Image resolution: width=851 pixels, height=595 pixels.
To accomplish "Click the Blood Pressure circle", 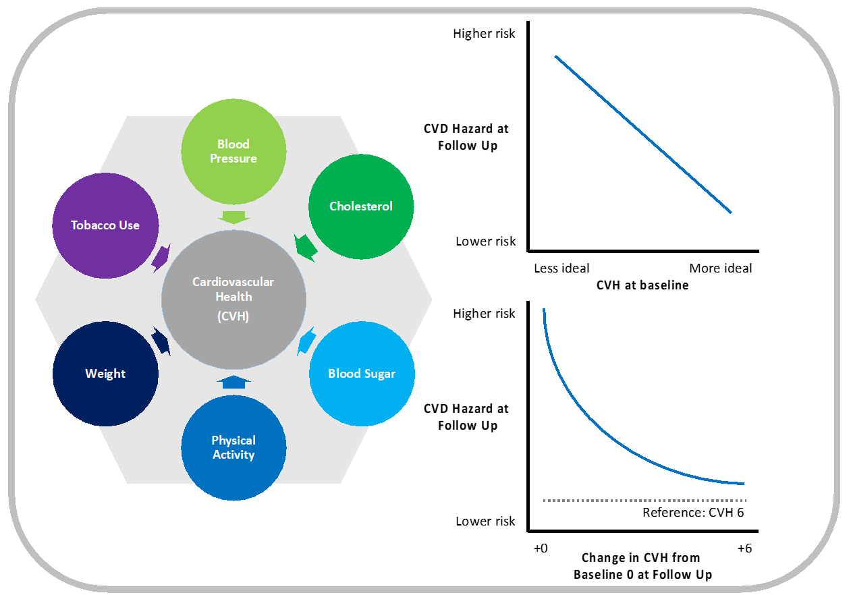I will [234, 151].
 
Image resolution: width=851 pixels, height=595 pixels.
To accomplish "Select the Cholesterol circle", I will [360, 206].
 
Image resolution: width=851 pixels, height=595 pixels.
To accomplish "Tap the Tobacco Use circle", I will [105, 225].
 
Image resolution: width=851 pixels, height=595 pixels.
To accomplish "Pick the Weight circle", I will [105, 374].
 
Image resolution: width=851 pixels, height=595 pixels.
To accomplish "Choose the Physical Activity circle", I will [234, 447].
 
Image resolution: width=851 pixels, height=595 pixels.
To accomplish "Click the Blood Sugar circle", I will [362, 374].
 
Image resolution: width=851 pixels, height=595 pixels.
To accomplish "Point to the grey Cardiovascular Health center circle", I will [234, 298].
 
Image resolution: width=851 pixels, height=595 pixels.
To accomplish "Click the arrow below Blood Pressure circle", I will [234, 217].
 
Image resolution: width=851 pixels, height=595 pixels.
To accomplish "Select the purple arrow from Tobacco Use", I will [161, 257].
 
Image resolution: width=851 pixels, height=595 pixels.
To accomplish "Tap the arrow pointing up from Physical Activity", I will [234, 382].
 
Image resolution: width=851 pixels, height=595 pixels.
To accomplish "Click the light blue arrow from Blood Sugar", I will [306, 341].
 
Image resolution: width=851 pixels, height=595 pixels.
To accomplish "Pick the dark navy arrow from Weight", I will [161, 341].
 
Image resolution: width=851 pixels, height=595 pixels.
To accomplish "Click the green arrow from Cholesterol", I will [306, 248].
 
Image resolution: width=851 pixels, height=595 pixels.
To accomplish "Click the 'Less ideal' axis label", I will [561, 268].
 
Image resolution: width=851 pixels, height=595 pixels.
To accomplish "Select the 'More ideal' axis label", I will [720, 268].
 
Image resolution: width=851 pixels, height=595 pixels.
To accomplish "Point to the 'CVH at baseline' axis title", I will [642, 285].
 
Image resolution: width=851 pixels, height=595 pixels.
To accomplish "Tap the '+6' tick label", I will [744, 548].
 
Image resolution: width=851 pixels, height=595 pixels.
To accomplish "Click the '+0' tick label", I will [541, 548].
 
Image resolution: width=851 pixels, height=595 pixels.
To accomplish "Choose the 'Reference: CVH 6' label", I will [692, 512].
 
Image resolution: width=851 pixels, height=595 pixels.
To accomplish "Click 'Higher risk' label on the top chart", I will [484, 34].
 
